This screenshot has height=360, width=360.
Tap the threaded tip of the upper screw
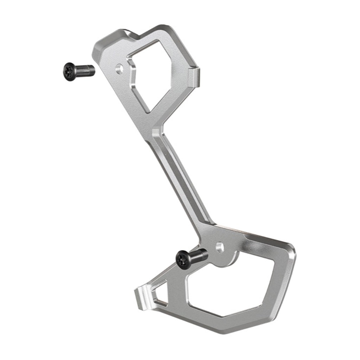click(x=91, y=70)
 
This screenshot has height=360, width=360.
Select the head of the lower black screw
click(x=183, y=260)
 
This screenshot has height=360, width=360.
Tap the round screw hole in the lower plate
click(x=220, y=247)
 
